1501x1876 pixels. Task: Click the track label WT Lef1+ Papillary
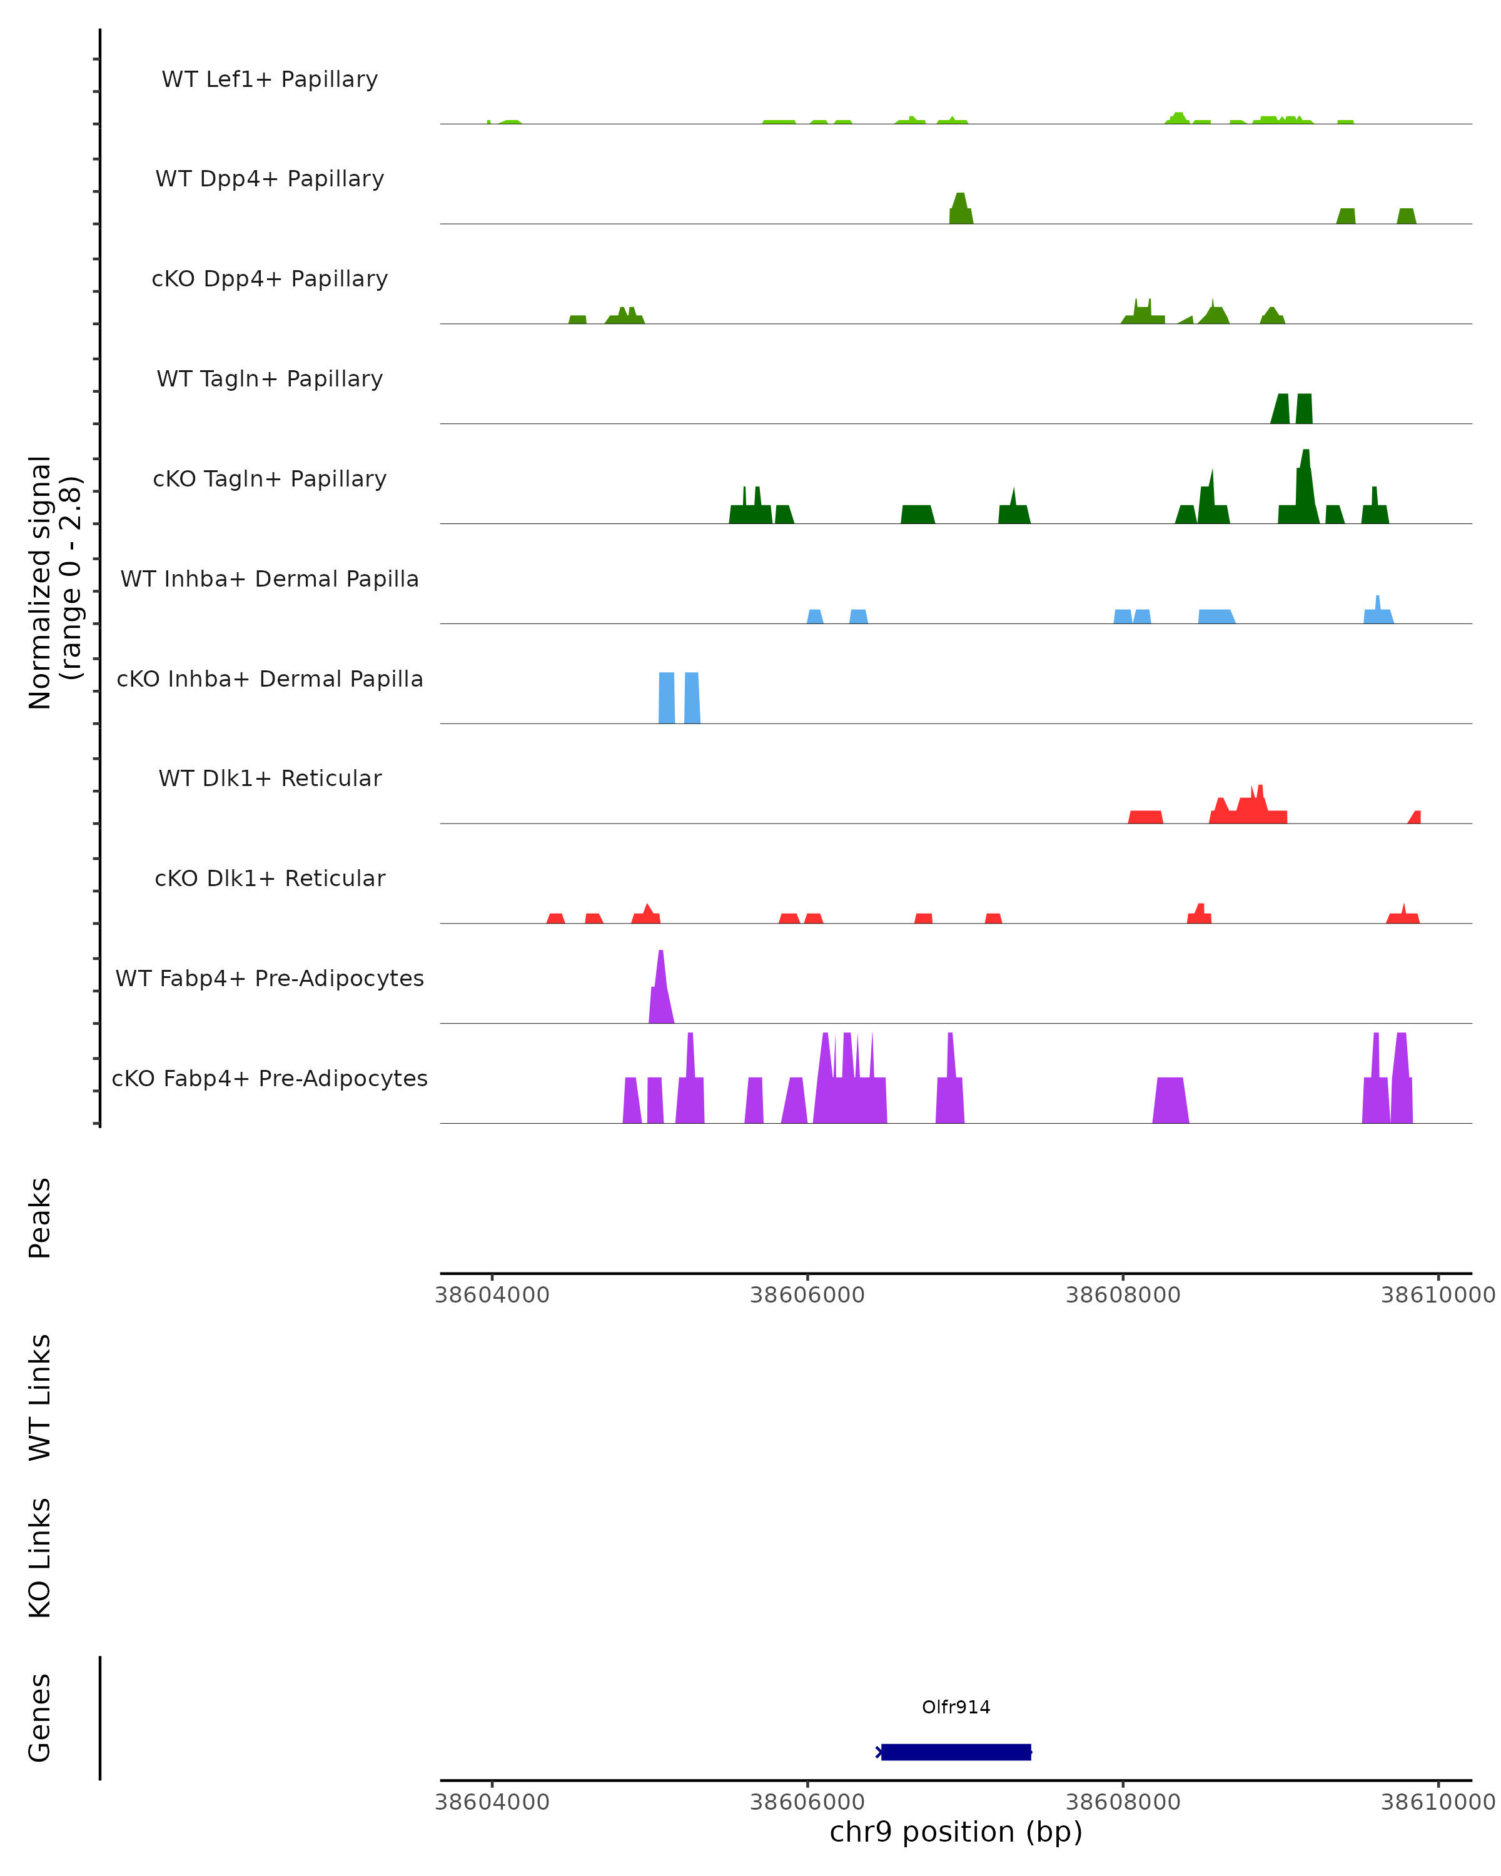click(270, 79)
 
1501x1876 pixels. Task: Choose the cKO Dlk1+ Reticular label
click(270, 878)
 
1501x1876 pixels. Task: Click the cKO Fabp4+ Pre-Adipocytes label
click(270, 1078)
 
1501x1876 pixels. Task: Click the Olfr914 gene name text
click(956, 1707)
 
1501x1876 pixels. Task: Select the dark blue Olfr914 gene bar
click(956, 1752)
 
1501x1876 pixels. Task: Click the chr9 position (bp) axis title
click(956, 1832)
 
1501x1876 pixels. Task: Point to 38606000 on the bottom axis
click(807, 1801)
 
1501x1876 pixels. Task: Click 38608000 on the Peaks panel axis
click(1123, 1295)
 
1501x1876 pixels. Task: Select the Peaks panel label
click(40, 1218)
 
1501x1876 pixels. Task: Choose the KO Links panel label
click(40, 1558)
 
